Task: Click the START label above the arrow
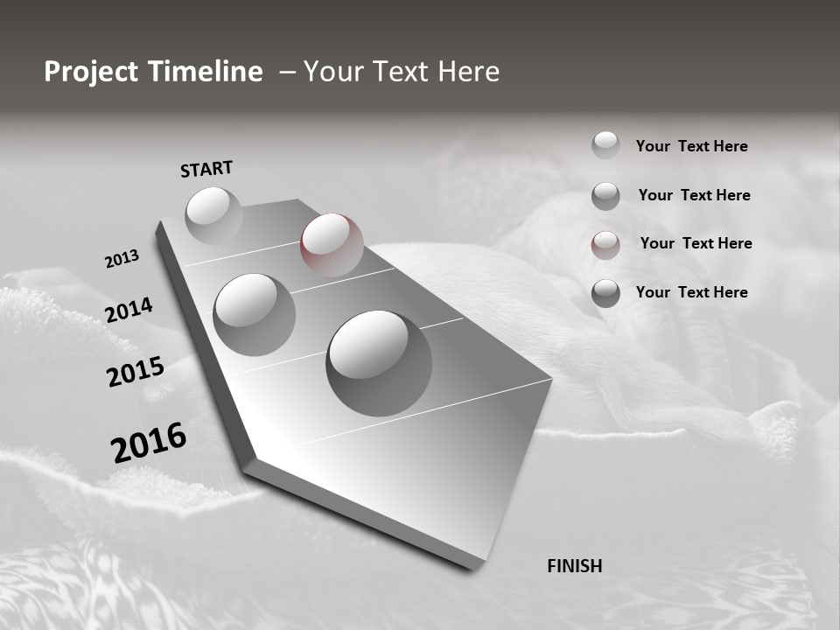coord(206,168)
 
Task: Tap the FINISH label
coord(574,566)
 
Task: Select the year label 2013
coord(122,259)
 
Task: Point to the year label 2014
coord(129,311)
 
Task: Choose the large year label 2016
coord(148,443)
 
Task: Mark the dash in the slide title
coord(287,73)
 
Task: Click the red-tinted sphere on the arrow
coord(332,244)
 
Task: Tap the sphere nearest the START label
coord(213,215)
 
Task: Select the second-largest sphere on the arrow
coord(254,314)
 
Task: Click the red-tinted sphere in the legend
coord(605,245)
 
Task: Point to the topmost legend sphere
coord(605,145)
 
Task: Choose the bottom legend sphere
coord(605,293)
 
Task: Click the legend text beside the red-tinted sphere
coord(696,243)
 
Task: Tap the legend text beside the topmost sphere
coord(691,146)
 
